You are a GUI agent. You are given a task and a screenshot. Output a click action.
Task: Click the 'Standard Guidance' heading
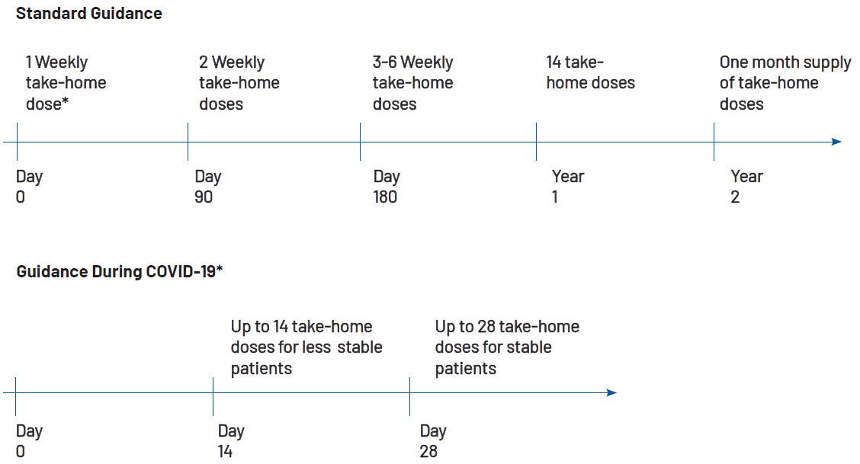(89, 13)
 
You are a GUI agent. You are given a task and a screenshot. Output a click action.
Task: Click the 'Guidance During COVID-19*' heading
(120, 271)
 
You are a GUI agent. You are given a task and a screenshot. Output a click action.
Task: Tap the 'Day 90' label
(208, 187)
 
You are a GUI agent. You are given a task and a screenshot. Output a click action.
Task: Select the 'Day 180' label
(387, 187)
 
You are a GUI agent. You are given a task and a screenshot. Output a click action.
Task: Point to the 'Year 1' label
(568, 187)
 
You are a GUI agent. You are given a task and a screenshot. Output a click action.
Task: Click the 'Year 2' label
(746, 187)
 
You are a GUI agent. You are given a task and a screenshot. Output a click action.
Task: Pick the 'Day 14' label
(231, 441)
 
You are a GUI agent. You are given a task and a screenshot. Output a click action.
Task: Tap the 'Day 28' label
(433, 441)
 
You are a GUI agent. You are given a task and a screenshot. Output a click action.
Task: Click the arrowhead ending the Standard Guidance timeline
(836, 142)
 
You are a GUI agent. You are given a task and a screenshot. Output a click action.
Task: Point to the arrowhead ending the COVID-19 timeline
(611, 393)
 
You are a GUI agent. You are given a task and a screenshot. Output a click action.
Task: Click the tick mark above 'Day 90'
(188, 142)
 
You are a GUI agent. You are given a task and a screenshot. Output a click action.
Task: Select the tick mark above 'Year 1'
(537, 142)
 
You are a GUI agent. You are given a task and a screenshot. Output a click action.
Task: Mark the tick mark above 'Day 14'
(213, 396)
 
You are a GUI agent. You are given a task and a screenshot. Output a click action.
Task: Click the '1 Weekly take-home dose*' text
(66, 83)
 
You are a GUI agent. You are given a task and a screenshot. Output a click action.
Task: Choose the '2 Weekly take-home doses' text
(239, 83)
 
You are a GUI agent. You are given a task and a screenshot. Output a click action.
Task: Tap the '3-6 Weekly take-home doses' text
(413, 83)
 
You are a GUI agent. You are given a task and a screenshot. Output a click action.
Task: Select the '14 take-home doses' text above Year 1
(591, 72)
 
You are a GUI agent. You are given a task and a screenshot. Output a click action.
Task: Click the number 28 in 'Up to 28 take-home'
(486, 327)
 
